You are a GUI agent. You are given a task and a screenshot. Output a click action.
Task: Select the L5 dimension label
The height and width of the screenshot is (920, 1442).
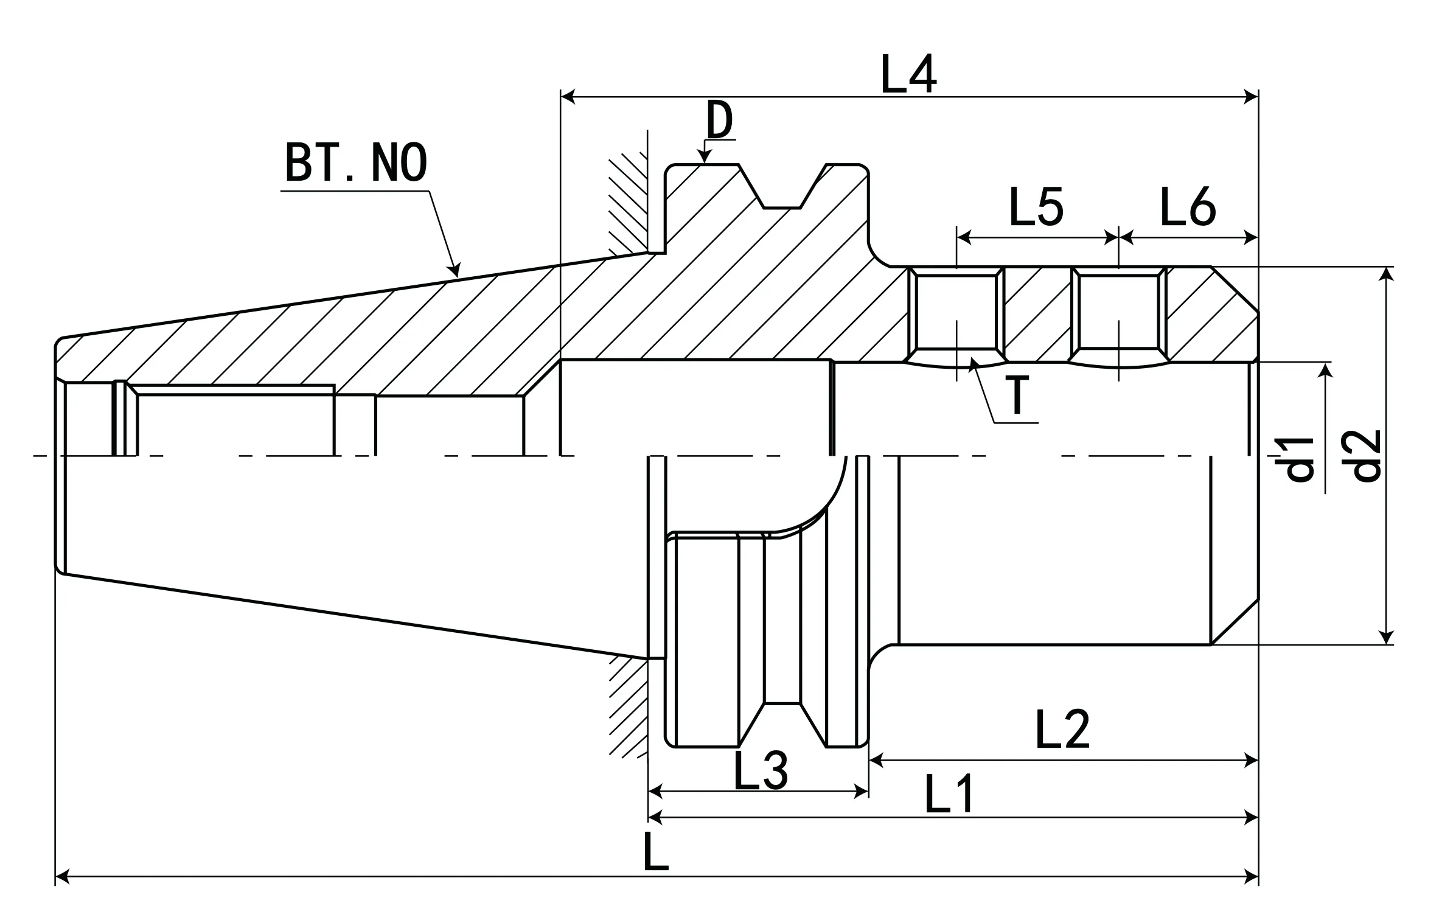tap(1036, 207)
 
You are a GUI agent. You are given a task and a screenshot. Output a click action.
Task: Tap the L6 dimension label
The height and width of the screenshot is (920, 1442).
tap(1188, 207)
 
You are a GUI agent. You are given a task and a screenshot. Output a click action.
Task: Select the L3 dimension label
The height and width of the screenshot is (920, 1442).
tap(761, 770)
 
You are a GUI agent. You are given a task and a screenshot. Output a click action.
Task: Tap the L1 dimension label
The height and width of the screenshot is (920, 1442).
tap(949, 795)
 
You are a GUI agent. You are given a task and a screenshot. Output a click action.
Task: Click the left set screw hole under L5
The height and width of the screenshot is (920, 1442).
tap(956, 312)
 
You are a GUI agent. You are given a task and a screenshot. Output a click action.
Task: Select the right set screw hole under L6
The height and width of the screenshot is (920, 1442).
tap(1120, 312)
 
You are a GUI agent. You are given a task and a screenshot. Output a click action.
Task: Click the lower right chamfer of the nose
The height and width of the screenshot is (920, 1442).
tap(1235, 621)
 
